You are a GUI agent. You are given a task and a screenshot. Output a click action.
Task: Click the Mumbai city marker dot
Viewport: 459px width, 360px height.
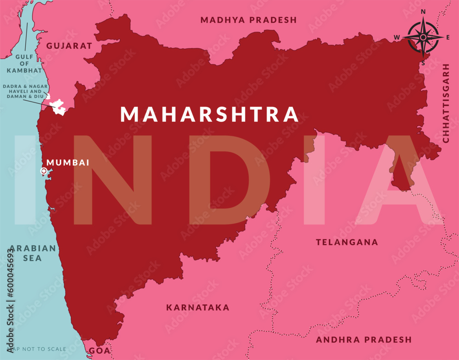click(44, 171)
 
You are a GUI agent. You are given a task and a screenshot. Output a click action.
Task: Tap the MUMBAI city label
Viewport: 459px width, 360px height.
click(68, 163)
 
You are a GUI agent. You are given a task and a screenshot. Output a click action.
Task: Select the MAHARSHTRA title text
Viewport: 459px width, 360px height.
click(209, 114)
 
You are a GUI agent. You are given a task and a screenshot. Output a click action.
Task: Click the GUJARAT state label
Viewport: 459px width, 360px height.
click(69, 46)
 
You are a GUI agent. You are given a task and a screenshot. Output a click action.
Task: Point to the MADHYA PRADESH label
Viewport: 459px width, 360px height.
click(248, 20)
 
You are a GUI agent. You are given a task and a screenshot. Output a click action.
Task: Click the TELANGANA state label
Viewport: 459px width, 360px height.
click(347, 242)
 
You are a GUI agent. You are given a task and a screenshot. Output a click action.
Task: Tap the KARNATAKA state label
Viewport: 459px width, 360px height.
click(197, 307)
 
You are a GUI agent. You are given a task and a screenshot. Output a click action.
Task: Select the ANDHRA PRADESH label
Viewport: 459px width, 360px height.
click(364, 340)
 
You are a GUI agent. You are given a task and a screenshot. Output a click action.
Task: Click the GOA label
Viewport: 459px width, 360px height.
click(99, 351)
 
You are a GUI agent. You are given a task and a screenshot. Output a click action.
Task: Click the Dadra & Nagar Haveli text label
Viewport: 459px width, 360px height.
click(25, 92)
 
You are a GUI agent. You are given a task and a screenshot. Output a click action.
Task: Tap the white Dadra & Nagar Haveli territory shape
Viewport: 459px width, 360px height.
click(58, 107)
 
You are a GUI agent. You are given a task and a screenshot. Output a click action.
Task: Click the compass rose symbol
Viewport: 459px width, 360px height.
click(423, 37)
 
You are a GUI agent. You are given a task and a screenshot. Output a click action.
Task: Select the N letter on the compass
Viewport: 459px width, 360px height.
click(423, 12)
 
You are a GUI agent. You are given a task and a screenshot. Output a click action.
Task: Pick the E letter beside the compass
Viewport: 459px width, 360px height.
click(448, 37)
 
